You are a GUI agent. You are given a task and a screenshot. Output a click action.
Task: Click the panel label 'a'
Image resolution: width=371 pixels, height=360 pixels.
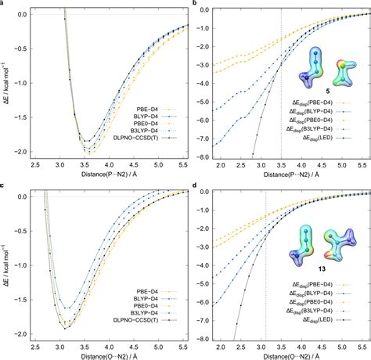pos(3,4)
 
